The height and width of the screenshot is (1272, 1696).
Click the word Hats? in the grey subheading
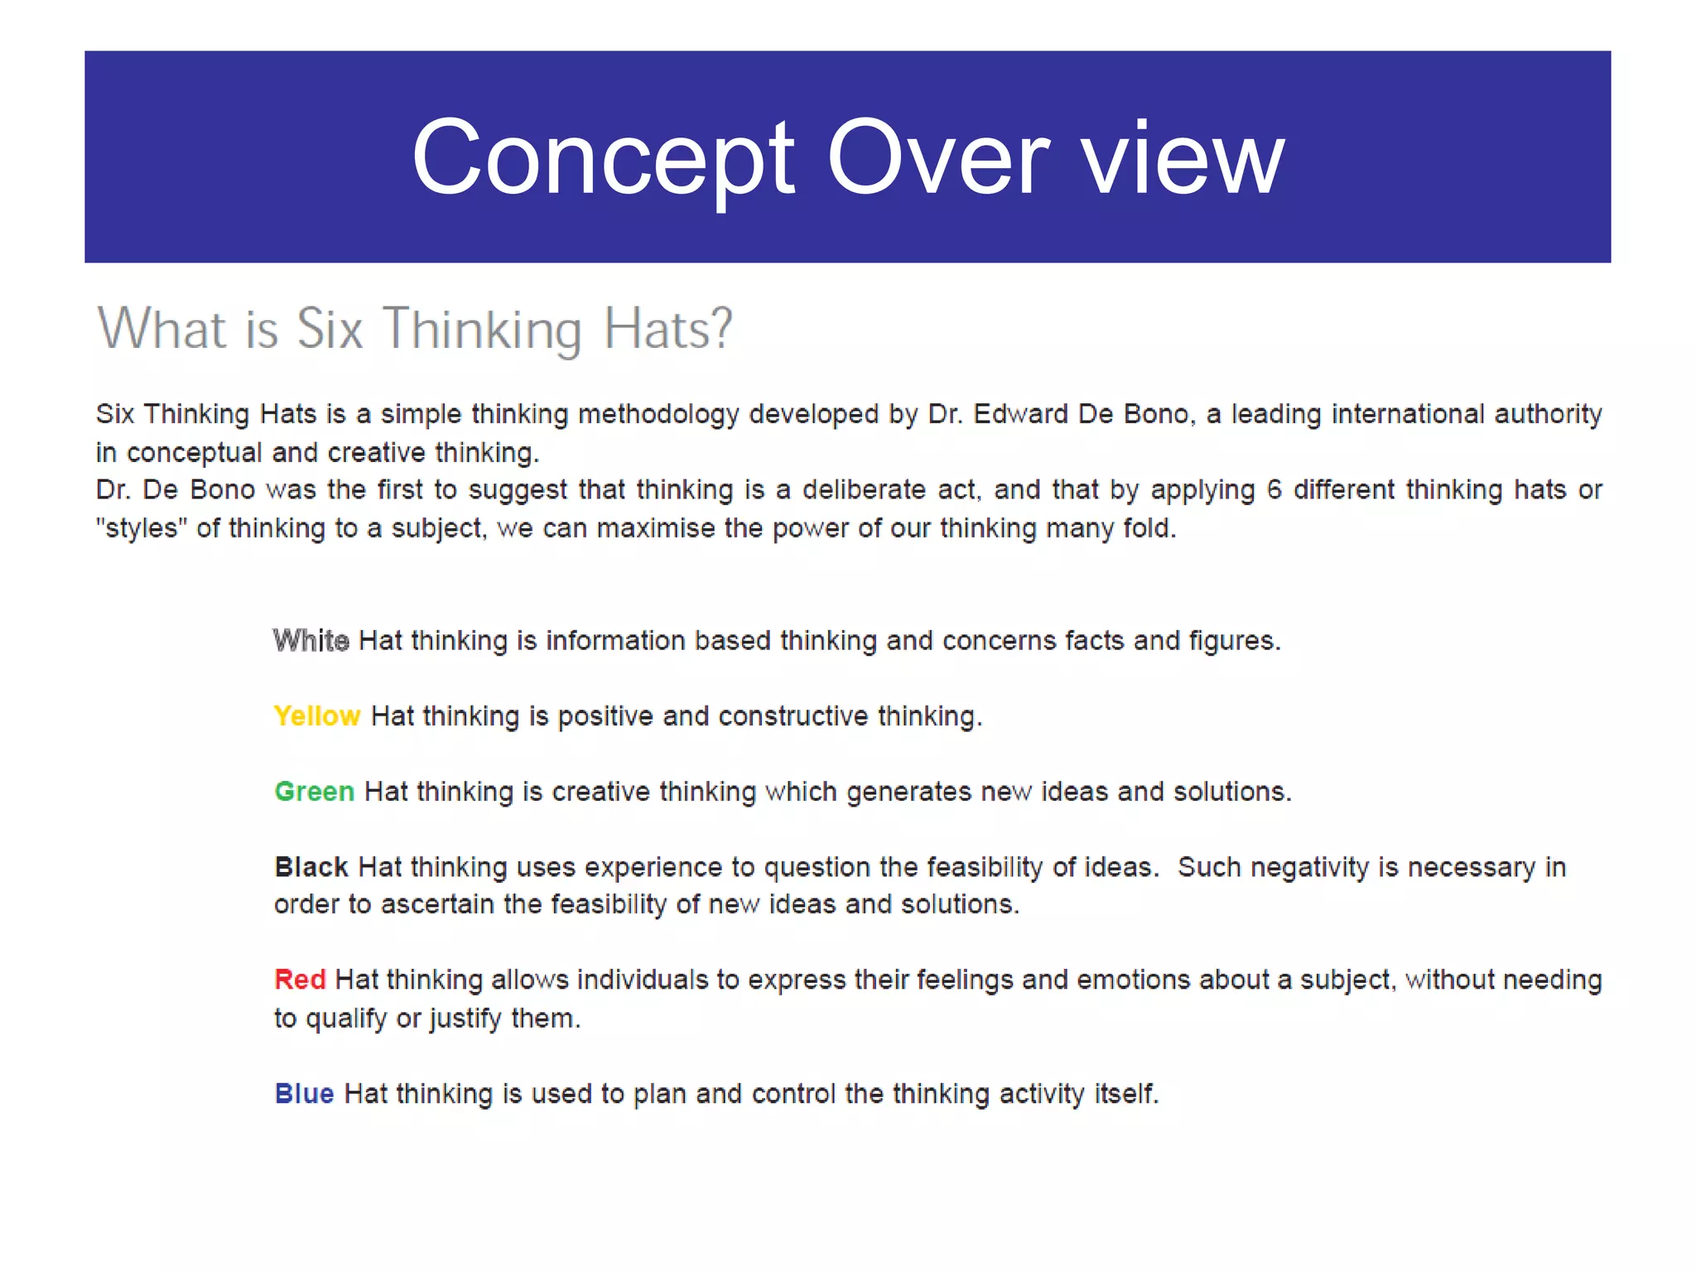click(667, 330)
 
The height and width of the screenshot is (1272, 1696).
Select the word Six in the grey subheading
click(330, 330)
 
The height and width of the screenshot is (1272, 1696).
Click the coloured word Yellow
click(317, 716)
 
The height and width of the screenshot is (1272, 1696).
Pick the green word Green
click(315, 792)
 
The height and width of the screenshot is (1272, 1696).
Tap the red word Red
click(300, 980)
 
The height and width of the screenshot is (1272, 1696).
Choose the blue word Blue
click(304, 1094)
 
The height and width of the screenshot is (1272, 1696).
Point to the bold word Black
click(311, 867)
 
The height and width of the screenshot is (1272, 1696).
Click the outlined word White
click(311, 641)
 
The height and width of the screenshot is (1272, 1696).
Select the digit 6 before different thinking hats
click(1274, 490)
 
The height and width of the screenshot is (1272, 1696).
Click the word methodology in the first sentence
click(658, 414)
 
